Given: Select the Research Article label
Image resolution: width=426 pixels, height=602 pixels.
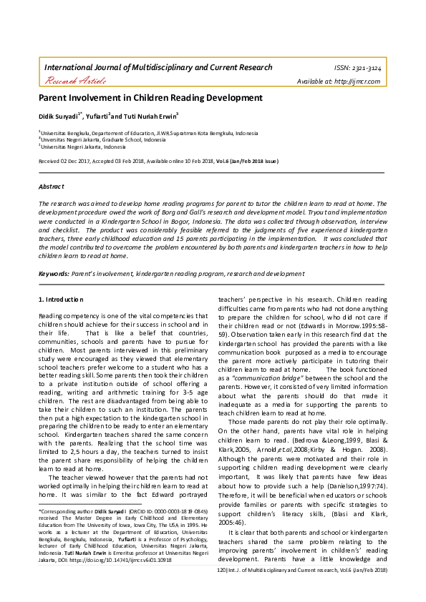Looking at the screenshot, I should pos(69,81).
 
